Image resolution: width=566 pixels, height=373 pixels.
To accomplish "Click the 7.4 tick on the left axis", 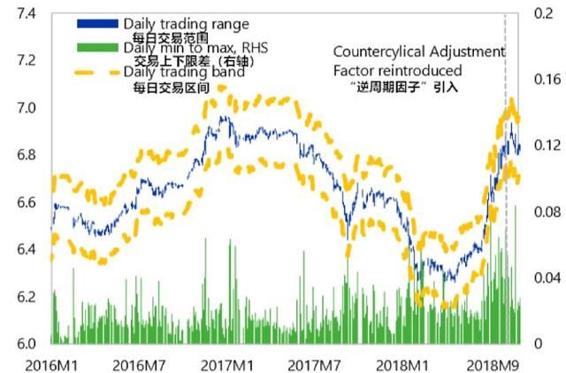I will tap(25, 14).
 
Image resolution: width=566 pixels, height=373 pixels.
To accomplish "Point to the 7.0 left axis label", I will tap(25, 108).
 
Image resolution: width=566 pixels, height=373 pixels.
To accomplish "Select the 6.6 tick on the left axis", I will tap(25, 203).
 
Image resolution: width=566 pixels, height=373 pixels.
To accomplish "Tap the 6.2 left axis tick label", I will tap(25, 297).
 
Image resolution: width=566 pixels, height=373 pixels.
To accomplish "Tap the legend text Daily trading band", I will tap(184, 72).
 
